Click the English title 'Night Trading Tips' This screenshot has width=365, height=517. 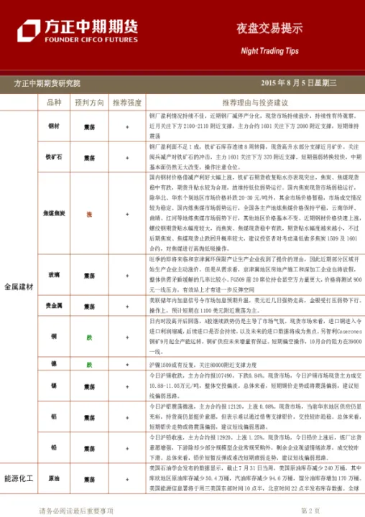coord(269,52)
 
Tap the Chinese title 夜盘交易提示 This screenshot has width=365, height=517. coord(269,29)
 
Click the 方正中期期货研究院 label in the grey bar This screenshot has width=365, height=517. coord(47,84)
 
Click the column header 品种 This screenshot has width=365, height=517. coord(54,103)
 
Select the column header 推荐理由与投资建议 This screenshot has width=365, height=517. coord(254,103)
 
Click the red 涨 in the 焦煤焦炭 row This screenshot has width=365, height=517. coord(89,214)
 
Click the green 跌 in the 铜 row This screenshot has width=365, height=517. coord(89,335)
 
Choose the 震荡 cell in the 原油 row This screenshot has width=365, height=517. coord(89,497)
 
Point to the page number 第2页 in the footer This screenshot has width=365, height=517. coord(310,511)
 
